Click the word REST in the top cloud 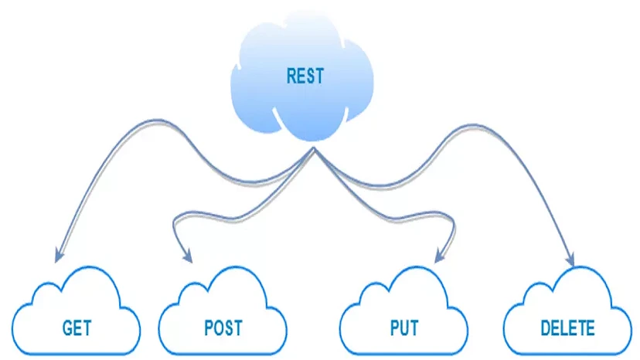click(305, 76)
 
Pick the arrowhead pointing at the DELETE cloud click(571, 261)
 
